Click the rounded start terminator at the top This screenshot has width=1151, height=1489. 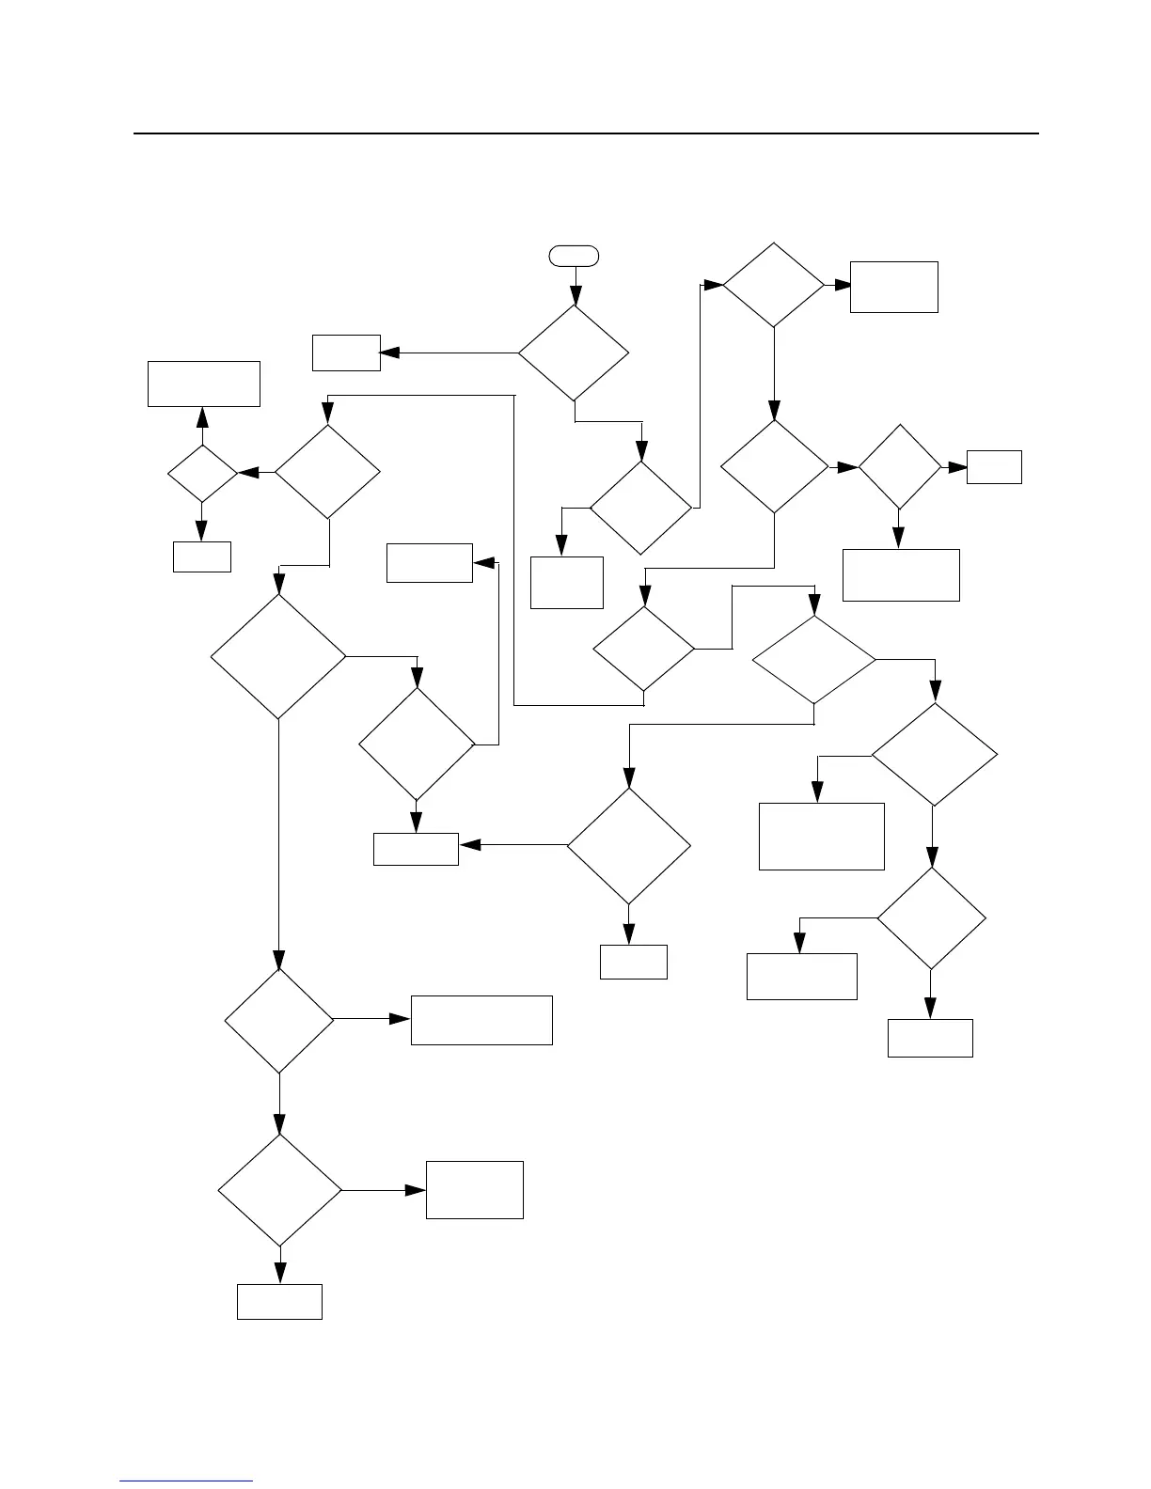click(574, 255)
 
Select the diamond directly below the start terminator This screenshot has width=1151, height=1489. click(574, 353)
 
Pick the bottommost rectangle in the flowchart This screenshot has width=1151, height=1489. click(279, 1302)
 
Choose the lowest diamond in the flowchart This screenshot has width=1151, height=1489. click(279, 1190)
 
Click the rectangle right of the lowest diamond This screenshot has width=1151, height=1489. click(475, 1190)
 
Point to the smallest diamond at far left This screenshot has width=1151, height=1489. click(202, 473)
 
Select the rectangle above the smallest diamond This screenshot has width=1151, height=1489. click(204, 384)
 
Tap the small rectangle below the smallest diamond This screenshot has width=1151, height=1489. click(202, 556)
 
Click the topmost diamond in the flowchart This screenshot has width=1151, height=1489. click(773, 285)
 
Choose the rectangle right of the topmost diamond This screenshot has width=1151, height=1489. click(894, 287)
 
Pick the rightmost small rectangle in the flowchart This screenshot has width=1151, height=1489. click(994, 467)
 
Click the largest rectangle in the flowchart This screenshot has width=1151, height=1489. click(822, 836)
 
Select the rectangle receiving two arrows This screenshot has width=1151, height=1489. click(416, 849)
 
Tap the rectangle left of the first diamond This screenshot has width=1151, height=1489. click(346, 353)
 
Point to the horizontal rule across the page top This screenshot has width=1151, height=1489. click(586, 133)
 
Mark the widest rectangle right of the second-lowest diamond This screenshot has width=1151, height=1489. click(481, 1020)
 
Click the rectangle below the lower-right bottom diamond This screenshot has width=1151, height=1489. click(930, 1038)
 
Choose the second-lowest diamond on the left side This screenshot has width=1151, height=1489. click(279, 1020)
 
